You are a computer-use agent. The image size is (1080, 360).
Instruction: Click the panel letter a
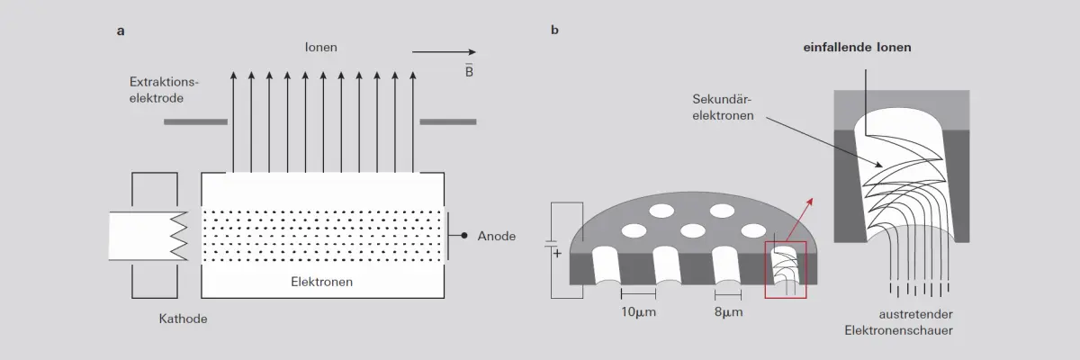click(x=121, y=31)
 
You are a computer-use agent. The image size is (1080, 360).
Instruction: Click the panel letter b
click(x=554, y=30)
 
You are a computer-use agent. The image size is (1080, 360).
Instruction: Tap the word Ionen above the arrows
click(x=320, y=47)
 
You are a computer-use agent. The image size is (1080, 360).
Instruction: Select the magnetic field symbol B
click(x=469, y=71)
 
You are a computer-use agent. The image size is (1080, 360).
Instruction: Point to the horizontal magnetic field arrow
click(x=444, y=52)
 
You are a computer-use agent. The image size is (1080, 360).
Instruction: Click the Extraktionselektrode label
click(x=164, y=90)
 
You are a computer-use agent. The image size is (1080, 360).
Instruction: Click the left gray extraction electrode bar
click(x=196, y=121)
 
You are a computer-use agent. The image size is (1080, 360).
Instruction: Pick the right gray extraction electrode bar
click(x=448, y=121)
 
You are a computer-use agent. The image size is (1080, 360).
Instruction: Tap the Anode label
click(x=497, y=236)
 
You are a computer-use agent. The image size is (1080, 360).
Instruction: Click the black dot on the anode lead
click(x=463, y=236)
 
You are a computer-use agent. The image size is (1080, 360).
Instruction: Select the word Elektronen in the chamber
click(x=321, y=282)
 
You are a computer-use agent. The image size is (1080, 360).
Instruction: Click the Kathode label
click(x=184, y=319)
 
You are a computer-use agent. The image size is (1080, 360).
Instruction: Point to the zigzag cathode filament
click(x=179, y=236)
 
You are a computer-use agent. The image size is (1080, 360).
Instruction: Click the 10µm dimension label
click(x=638, y=312)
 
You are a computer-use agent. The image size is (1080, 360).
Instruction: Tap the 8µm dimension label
click(x=728, y=312)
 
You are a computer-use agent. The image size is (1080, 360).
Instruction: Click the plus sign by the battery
click(x=557, y=254)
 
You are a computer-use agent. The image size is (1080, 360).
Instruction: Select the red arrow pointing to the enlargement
click(x=799, y=220)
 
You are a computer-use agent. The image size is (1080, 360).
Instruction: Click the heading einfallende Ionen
click(x=857, y=47)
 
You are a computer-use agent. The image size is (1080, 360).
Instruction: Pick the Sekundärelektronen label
click(x=723, y=107)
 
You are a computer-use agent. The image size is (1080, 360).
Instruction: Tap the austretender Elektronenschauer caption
click(x=899, y=322)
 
